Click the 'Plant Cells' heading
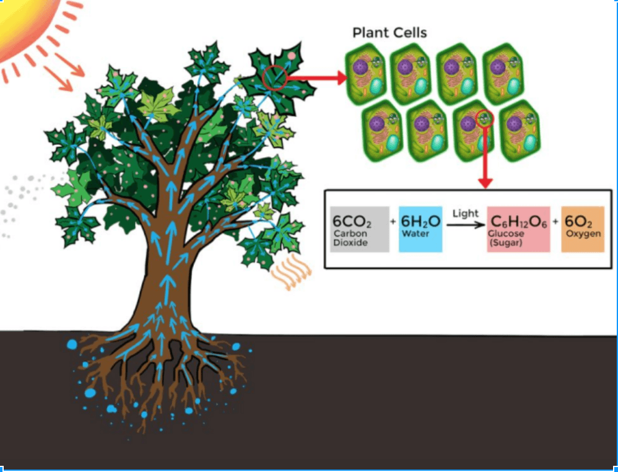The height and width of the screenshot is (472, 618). click(390, 33)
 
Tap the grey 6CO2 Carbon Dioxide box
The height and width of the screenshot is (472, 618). click(360, 229)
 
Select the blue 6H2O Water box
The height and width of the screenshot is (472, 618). click(420, 229)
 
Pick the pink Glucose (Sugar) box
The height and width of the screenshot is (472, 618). click(518, 229)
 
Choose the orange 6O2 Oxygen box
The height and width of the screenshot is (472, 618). click(582, 229)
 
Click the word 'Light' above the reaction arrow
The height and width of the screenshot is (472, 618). click(466, 214)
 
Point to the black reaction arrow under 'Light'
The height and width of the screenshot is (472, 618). click(466, 225)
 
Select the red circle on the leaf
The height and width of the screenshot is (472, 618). click(275, 77)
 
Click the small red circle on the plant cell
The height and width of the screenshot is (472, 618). click(485, 119)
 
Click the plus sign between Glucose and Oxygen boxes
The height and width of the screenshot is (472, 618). click(555, 222)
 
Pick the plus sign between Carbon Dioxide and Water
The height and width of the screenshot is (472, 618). click(393, 222)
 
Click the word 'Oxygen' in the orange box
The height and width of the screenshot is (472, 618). click(582, 234)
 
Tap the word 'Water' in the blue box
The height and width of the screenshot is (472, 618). click(415, 234)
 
